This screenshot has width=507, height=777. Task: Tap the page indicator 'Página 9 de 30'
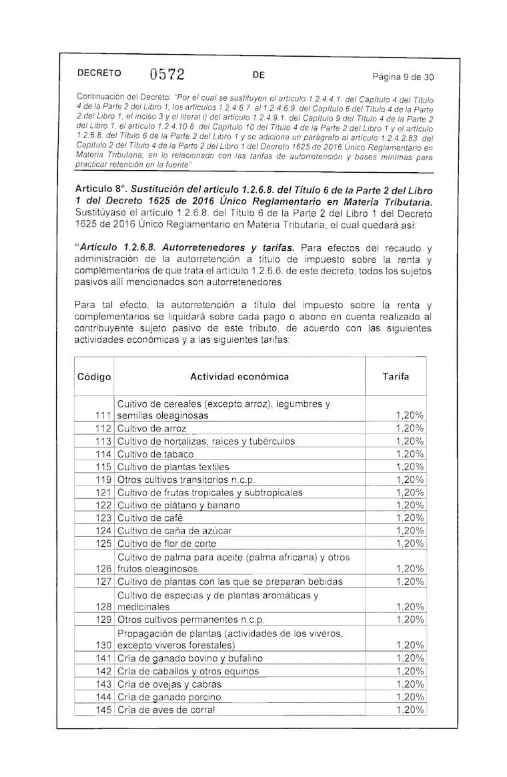403,77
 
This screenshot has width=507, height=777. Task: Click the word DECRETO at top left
99,74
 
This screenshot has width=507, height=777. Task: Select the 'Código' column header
94,377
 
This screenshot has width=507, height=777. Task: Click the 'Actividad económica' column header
239,377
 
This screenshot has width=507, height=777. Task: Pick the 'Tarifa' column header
396,377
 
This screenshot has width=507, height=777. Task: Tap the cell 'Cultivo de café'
150,518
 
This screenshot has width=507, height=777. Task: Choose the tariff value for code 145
410,710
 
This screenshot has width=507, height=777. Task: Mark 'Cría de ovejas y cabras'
169,684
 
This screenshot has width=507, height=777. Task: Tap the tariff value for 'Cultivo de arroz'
410,428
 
